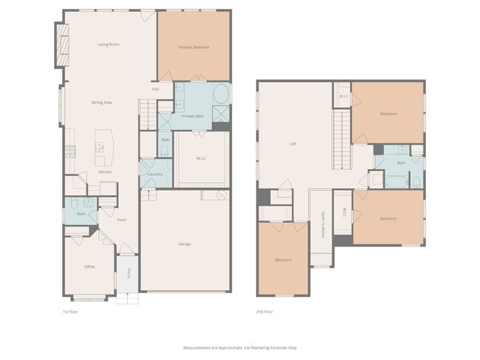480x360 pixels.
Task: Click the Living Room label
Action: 109,44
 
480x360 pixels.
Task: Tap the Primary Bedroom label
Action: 193,47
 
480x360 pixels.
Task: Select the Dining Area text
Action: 101,102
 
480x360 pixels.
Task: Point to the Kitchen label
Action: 105,172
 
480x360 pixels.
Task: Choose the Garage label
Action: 185,243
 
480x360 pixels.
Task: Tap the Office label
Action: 89,266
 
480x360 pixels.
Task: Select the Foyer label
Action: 121,218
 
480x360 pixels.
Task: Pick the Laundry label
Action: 156,173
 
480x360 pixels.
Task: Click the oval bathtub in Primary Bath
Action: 220,94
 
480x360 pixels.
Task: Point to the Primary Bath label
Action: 193,117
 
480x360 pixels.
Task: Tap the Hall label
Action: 155,89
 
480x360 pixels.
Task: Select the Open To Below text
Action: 322,225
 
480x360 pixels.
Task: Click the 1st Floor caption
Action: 71,312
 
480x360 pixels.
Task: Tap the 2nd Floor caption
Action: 265,312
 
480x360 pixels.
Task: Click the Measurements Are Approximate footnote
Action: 239,347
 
